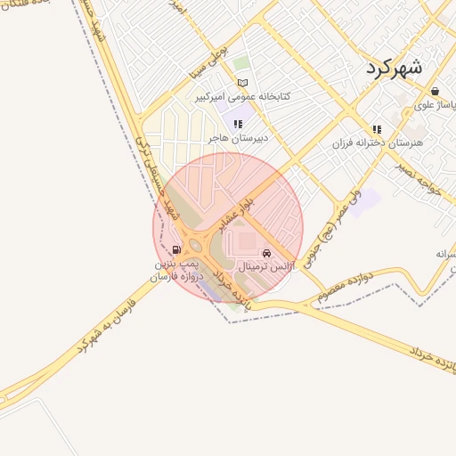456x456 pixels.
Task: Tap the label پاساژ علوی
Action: point(434,107)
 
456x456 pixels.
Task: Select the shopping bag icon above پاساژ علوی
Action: point(434,91)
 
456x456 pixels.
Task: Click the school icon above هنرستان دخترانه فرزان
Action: point(377,128)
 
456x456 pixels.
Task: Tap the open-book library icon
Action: point(243,83)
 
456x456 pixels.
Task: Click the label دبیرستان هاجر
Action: point(238,139)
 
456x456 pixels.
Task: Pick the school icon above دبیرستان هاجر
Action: point(238,125)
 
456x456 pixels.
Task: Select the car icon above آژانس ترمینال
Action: point(266,253)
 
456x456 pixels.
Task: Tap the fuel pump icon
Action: point(177,250)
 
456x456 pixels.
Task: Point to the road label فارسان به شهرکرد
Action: point(111,322)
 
